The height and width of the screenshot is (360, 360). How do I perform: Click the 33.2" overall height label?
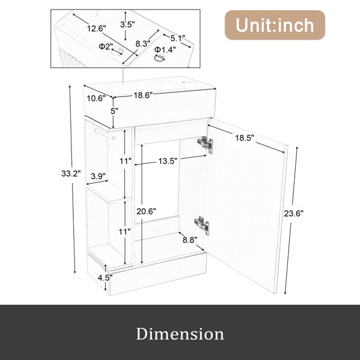pyautogui.click(x=71, y=173)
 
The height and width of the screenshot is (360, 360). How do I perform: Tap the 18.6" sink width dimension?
pyautogui.click(x=143, y=95)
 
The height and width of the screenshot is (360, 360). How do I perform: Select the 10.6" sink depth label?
pyautogui.click(x=96, y=98)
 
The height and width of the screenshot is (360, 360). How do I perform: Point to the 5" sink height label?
pyautogui.click(x=114, y=111)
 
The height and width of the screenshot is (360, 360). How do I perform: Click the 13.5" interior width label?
pyautogui.click(x=167, y=161)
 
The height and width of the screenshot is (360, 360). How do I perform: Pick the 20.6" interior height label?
pyautogui.click(x=146, y=211)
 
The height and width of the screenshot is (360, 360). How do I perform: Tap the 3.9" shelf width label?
pyautogui.click(x=98, y=176)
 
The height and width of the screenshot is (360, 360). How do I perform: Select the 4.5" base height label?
pyautogui.click(x=105, y=278)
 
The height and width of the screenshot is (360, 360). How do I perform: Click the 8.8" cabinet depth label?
pyautogui.click(x=190, y=240)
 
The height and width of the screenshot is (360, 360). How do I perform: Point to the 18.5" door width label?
pyautogui.click(x=245, y=138)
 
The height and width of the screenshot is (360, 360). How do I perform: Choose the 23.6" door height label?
pyautogui.click(x=294, y=214)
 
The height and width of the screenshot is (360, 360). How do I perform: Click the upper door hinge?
pyautogui.click(x=205, y=144)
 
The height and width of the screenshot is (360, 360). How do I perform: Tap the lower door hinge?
pyautogui.click(x=202, y=226)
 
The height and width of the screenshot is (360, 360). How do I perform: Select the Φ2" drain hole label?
pyautogui.click(x=106, y=46)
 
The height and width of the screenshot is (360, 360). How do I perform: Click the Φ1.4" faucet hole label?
pyautogui.click(x=165, y=49)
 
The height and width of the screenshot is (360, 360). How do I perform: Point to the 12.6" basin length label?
pyautogui.click(x=97, y=28)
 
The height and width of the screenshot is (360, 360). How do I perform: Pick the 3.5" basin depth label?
pyautogui.click(x=127, y=25)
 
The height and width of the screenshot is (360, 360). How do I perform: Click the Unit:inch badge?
pyautogui.click(x=275, y=25)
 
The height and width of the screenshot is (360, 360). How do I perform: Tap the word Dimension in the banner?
pyautogui.click(x=180, y=334)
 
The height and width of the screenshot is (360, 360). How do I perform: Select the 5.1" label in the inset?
pyautogui.click(x=178, y=38)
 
